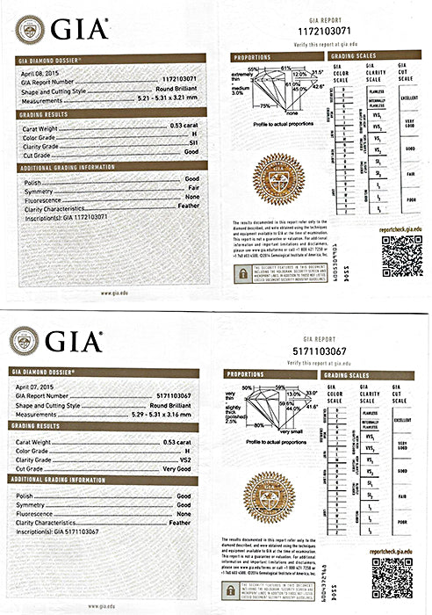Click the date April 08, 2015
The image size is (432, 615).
(x=34, y=74)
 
